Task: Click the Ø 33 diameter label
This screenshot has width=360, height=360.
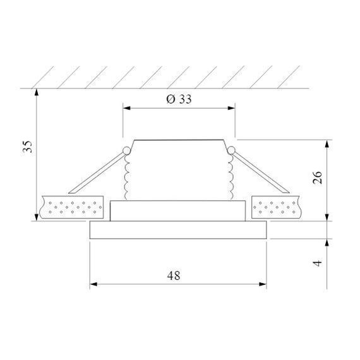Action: click(x=179, y=100)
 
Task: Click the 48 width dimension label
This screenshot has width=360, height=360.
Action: click(x=174, y=276)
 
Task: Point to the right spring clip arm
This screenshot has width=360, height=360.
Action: click(x=259, y=172)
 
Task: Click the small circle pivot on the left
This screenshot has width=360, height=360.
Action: click(x=126, y=150)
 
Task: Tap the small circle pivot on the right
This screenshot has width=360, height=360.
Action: click(x=231, y=150)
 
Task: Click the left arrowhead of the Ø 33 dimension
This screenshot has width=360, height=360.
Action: click(x=126, y=108)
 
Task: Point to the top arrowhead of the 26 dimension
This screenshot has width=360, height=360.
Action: click(x=327, y=143)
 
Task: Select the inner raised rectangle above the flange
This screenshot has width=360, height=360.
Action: click(x=178, y=210)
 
